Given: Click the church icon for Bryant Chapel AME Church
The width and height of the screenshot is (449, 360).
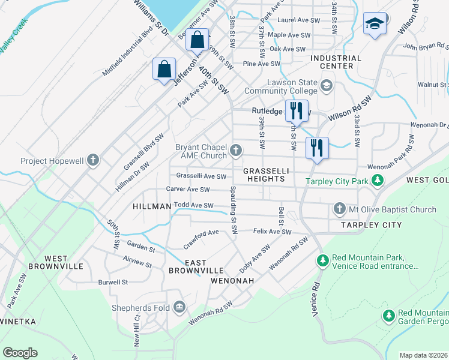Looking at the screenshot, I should click(237, 150).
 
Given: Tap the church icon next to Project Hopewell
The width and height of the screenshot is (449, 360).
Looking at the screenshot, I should click(92, 160).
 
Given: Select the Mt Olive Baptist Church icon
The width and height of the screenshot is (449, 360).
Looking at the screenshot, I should click(339, 209).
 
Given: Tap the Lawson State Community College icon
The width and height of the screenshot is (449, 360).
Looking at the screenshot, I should click(327, 85).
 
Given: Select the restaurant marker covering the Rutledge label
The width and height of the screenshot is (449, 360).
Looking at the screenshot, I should click(296, 111).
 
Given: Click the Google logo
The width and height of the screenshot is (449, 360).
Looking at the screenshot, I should click(20, 352).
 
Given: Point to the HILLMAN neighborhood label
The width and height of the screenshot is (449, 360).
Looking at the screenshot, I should click(152, 206).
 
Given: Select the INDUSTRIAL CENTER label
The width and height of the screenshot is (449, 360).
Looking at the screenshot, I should click(336, 62).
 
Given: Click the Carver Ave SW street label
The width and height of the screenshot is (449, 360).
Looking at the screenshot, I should click(188, 190).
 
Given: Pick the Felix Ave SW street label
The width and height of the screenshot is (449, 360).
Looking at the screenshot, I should click(272, 231).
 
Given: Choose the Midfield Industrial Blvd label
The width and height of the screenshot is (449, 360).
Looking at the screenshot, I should click(128, 54).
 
